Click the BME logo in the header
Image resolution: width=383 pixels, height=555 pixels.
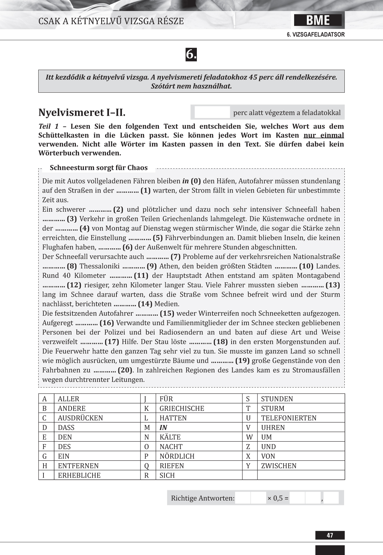point(318,20)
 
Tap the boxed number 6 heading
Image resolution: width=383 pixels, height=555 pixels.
point(191,54)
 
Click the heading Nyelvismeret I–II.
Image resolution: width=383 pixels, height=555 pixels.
point(82,112)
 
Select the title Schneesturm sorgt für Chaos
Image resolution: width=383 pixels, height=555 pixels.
point(99,168)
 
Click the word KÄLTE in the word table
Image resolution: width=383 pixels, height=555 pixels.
point(170,437)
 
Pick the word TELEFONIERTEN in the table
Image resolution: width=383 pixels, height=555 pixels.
point(289,418)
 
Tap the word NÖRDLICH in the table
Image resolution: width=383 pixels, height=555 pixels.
point(177,456)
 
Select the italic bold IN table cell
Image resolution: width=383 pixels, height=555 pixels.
point(163,428)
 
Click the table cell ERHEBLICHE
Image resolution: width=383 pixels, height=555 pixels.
point(79,475)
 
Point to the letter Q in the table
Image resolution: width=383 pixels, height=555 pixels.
point(147,466)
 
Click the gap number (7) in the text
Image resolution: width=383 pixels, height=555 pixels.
point(175,257)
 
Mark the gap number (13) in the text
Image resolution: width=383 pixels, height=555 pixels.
point(333,285)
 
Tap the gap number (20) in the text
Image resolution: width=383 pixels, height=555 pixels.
point(125,370)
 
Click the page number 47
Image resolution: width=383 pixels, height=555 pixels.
point(330,535)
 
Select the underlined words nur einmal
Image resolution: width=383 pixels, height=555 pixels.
point(324,135)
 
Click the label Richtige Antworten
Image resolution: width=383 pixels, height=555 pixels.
point(202,498)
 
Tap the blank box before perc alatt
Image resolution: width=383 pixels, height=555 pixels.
point(212,112)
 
